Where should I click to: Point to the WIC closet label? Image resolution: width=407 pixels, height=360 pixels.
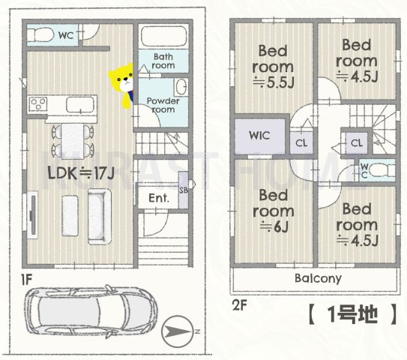(x=259, y=136)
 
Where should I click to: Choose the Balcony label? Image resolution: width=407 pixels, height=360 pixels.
(x=317, y=278)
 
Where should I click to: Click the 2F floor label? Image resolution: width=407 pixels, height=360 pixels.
(x=239, y=305)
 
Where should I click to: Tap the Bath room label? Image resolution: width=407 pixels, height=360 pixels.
(x=163, y=61)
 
